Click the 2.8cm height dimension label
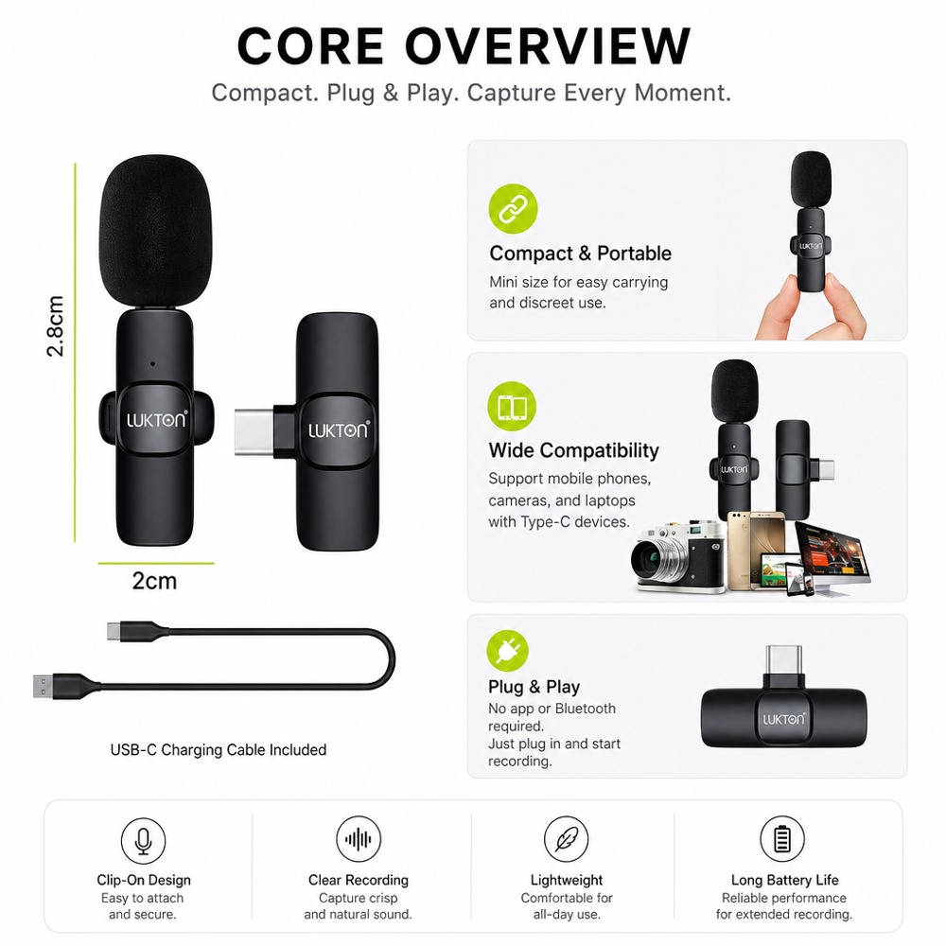click(55, 326)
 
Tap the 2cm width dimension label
click(154, 581)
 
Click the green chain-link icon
click(513, 208)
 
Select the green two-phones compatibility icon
click(512, 406)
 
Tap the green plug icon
click(507, 651)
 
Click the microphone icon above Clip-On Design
click(143, 840)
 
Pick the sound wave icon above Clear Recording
click(359, 839)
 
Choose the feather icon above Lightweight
click(566, 839)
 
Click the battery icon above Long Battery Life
click(782, 838)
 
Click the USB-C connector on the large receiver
click(254, 430)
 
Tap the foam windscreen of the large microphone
click(155, 233)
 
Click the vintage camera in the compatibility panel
click(677, 557)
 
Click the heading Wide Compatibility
click(574, 450)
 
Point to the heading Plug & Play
click(534, 687)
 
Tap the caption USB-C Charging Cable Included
click(219, 750)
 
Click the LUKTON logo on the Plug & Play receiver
click(783, 719)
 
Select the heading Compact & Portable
click(581, 254)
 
